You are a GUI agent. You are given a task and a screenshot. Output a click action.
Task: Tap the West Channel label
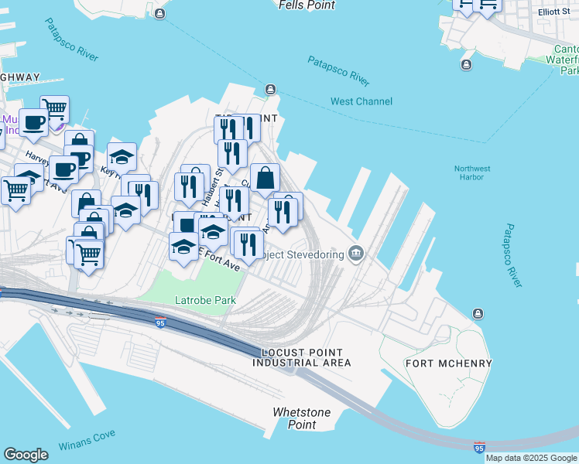click(x=361, y=101)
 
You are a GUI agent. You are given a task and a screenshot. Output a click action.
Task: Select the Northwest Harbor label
click(x=472, y=172)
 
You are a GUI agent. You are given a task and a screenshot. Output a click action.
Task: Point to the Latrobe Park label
click(x=205, y=300)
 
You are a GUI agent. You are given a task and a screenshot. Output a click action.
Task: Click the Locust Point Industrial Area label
click(x=302, y=357)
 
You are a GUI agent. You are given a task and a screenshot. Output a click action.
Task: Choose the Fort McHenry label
click(x=448, y=363)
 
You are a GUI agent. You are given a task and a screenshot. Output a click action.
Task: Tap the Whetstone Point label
click(x=302, y=418)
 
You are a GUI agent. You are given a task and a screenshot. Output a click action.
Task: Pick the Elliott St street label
click(x=555, y=12)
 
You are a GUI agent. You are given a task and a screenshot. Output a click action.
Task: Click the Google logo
click(x=26, y=455)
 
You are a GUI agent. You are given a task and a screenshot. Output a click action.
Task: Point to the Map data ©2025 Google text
click(x=531, y=458)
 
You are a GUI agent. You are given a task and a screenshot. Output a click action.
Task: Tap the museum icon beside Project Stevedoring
click(x=356, y=253)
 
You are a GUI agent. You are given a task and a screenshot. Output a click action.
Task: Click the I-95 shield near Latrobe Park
click(x=160, y=323)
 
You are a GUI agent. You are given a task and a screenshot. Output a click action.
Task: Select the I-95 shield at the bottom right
click(x=479, y=447)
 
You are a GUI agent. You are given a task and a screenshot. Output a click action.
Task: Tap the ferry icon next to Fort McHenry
click(x=478, y=313)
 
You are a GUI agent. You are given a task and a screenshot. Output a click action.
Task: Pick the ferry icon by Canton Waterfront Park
click(x=466, y=64)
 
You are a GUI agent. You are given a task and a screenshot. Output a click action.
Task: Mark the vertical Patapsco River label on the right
click(x=513, y=256)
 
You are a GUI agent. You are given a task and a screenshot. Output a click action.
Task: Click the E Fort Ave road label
click(x=221, y=259)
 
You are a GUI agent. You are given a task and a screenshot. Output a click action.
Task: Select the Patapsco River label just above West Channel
click(x=338, y=70)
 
